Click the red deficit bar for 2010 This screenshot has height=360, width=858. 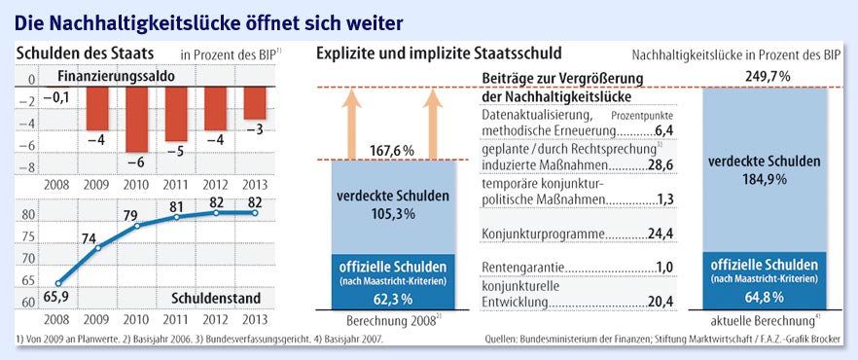(x=137, y=120)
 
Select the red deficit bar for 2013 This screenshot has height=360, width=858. (x=255, y=103)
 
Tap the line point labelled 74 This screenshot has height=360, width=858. (x=98, y=248)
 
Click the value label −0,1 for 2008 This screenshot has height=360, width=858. (x=55, y=98)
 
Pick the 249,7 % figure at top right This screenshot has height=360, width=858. (x=768, y=77)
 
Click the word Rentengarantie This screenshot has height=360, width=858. (x=523, y=269)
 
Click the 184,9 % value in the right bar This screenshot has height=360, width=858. (x=765, y=179)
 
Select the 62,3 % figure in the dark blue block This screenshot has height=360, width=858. (x=391, y=299)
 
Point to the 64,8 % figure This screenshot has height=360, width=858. (x=765, y=297)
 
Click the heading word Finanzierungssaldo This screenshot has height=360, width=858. (x=116, y=77)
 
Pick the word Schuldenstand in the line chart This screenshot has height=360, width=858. (x=216, y=300)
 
